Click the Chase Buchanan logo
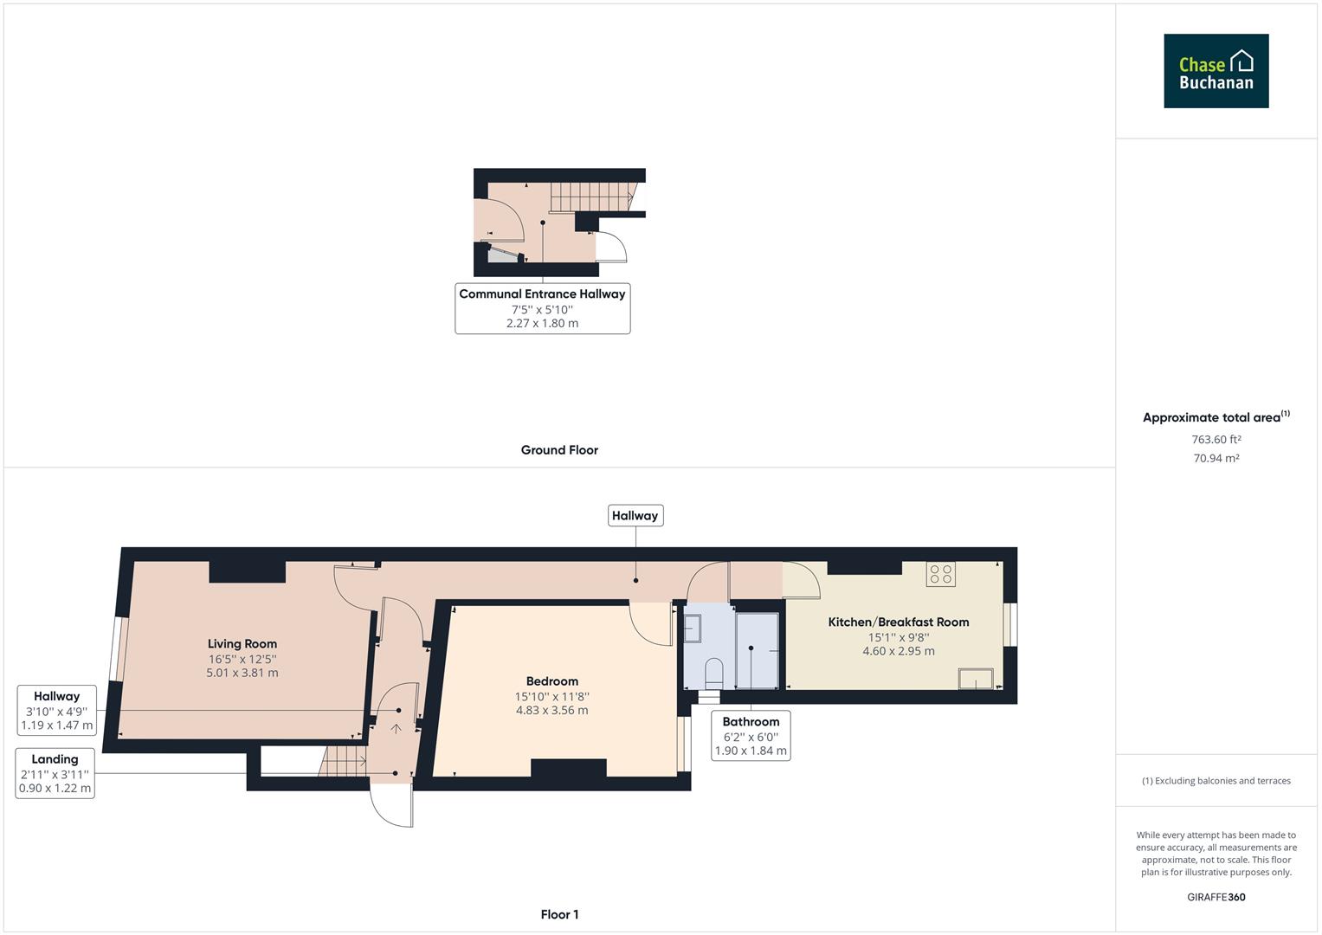point(1216,71)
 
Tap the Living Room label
point(242,643)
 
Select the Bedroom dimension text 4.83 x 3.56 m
point(551,711)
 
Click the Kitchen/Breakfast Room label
point(898,622)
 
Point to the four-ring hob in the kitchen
point(941,574)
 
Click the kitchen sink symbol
point(976,679)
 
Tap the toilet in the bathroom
point(714,672)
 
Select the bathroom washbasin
point(693,629)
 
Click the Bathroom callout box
point(751,736)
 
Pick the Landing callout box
point(55,773)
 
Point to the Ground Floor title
point(559,450)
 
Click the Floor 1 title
point(559,914)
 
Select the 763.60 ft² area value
point(1216,440)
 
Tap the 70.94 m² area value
point(1216,459)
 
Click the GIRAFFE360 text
point(1216,897)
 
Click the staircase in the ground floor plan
point(590,197)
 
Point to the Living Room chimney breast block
point(248,571)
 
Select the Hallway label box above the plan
point(635,516)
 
